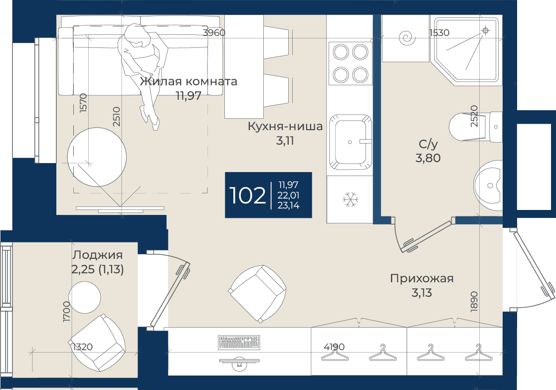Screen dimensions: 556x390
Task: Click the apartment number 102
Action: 247,195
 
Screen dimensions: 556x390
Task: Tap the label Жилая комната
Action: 188,82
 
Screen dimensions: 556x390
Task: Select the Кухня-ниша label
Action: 285,126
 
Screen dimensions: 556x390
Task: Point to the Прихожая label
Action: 421,278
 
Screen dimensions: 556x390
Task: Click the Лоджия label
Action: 98,255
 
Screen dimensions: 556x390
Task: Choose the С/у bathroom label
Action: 428,144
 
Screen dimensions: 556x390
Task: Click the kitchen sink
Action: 350,142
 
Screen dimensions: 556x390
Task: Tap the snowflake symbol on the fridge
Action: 351,199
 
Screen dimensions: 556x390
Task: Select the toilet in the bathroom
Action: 475,127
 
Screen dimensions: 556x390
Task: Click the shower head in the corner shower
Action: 486,31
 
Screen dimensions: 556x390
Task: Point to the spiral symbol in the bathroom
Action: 407,38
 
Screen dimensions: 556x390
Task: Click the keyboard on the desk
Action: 239,342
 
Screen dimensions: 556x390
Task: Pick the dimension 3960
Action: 214,32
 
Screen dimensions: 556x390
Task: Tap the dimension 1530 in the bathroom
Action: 439,32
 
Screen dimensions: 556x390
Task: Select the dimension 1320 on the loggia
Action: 82,347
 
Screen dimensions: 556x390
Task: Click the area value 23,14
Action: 288,205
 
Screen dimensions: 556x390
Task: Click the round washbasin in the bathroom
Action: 488,186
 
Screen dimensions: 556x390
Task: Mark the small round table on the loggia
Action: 84,297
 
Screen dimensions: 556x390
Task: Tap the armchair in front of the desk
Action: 257,294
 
